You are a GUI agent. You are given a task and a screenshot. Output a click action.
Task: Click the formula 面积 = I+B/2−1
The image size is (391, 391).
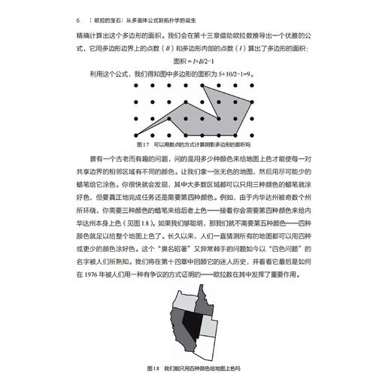click(x=195, y=61)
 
